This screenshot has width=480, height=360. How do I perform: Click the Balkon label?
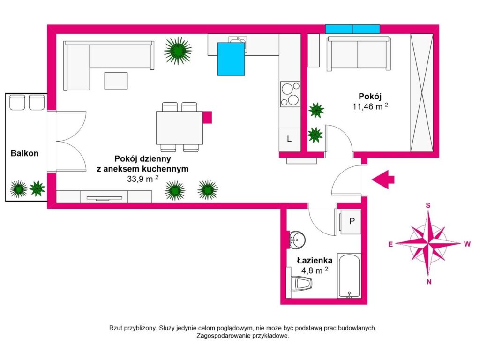coord(24,153)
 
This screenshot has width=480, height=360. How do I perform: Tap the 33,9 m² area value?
coord(142,179)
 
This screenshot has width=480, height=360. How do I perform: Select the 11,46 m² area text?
coord(370,106)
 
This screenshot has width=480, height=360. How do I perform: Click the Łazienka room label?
coord(315,260)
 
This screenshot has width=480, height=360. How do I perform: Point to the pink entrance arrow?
coord(383,180)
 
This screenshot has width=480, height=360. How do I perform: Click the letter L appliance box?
coord(289,139)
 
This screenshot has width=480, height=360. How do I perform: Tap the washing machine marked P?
coord(351,222)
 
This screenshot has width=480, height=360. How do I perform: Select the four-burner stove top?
coord(290,94)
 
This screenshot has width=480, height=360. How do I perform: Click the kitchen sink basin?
coord(238,40)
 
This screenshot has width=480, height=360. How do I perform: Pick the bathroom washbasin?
coord(297,240)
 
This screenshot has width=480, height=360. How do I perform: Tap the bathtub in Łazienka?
coord(349,276)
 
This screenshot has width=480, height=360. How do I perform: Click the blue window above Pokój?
coord(352,29)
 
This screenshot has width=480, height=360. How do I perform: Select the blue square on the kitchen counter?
coord(231,59)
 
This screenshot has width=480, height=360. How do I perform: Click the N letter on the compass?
coord(429,282)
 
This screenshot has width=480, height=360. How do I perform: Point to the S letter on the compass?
coord(428,205)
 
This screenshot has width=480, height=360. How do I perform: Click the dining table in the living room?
coord(180,127)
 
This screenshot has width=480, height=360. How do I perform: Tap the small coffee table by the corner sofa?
coord(116,81)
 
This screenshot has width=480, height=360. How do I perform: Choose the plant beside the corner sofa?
coord(178,51)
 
